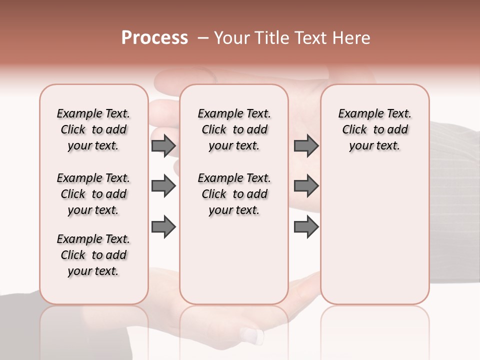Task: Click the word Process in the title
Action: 154,38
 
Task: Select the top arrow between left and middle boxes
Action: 163,146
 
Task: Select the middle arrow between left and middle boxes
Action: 163,186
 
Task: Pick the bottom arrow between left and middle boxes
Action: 163,227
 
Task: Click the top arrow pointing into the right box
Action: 306,146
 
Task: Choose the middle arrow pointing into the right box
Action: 306,186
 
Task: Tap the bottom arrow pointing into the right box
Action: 306,227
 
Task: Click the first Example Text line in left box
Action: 93,113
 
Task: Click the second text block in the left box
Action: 93,194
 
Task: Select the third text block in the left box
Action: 93,255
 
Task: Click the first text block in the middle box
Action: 234,129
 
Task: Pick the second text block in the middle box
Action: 234,194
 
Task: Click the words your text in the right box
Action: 374,145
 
